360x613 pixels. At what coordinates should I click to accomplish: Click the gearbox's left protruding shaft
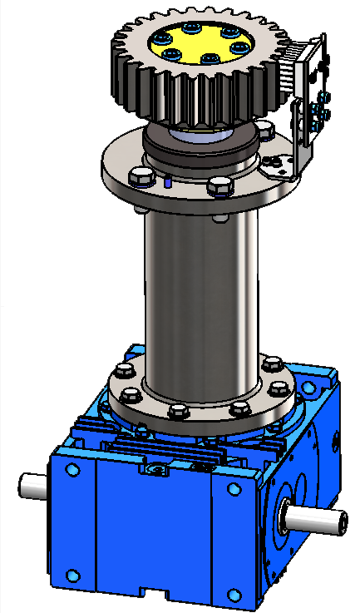point(33,485)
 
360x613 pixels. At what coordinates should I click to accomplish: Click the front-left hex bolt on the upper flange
point(142,175)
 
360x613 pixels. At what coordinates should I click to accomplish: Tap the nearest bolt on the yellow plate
point(210,58)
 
